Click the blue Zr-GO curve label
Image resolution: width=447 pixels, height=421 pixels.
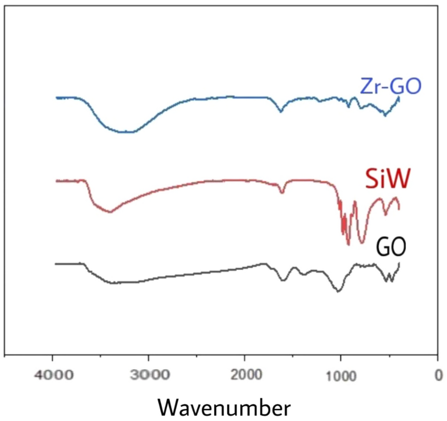tap(390, 86)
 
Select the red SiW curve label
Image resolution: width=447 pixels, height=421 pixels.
tap(386, 180)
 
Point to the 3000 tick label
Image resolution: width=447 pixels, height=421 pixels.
tap(149, 376)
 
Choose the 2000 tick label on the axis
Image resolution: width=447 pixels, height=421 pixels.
tap(245, 376)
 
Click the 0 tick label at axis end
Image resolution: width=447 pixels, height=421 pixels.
tap(438, 376)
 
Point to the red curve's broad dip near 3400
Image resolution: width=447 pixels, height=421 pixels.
tap(110, 212)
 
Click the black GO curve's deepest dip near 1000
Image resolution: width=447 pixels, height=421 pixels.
tap(339, 291)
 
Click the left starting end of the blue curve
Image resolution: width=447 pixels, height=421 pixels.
tap(56, 98)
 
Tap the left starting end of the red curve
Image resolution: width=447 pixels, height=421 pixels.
tap(56, 180)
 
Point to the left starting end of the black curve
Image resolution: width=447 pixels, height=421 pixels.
tap(56, 263)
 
